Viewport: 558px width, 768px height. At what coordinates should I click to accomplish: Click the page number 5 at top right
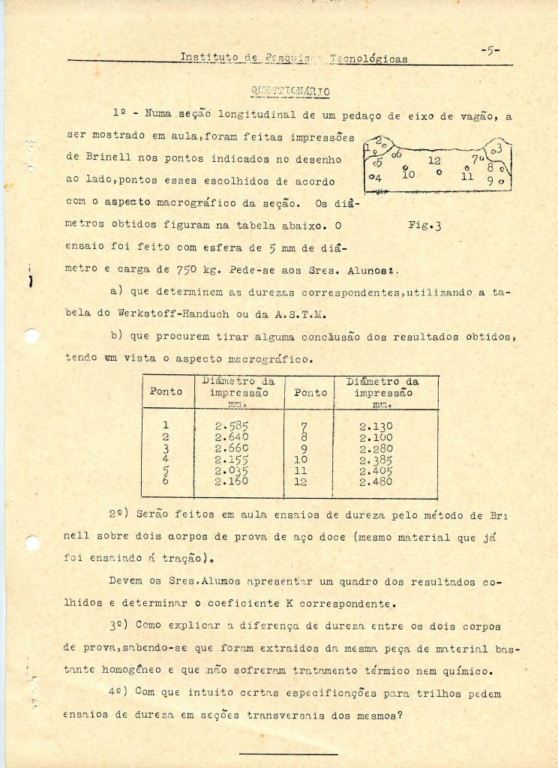[x=490, y=51]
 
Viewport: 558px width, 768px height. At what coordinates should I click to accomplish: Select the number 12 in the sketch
[x=434, y=160]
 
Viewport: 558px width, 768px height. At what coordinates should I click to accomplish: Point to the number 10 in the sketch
[x=408, y=174]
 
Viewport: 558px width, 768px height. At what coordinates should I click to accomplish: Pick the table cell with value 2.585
[x=231, y=426]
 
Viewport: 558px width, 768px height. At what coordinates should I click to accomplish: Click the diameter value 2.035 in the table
[x=231, y=471]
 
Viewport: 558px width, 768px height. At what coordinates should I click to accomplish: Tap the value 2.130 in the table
[x=376, y=426]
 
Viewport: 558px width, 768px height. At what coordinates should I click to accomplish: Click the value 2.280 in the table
[x=376, y=448]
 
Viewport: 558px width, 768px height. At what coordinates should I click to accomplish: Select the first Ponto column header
[x=166, y=391]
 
